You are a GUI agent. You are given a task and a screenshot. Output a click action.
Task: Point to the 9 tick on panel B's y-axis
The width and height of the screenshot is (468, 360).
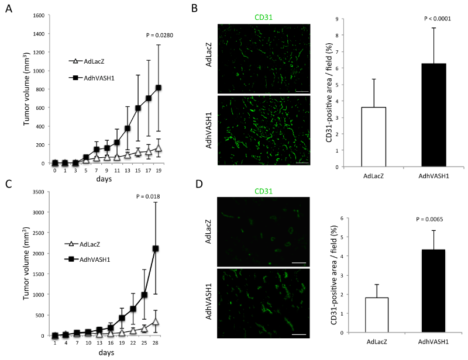tap(338, 19)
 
